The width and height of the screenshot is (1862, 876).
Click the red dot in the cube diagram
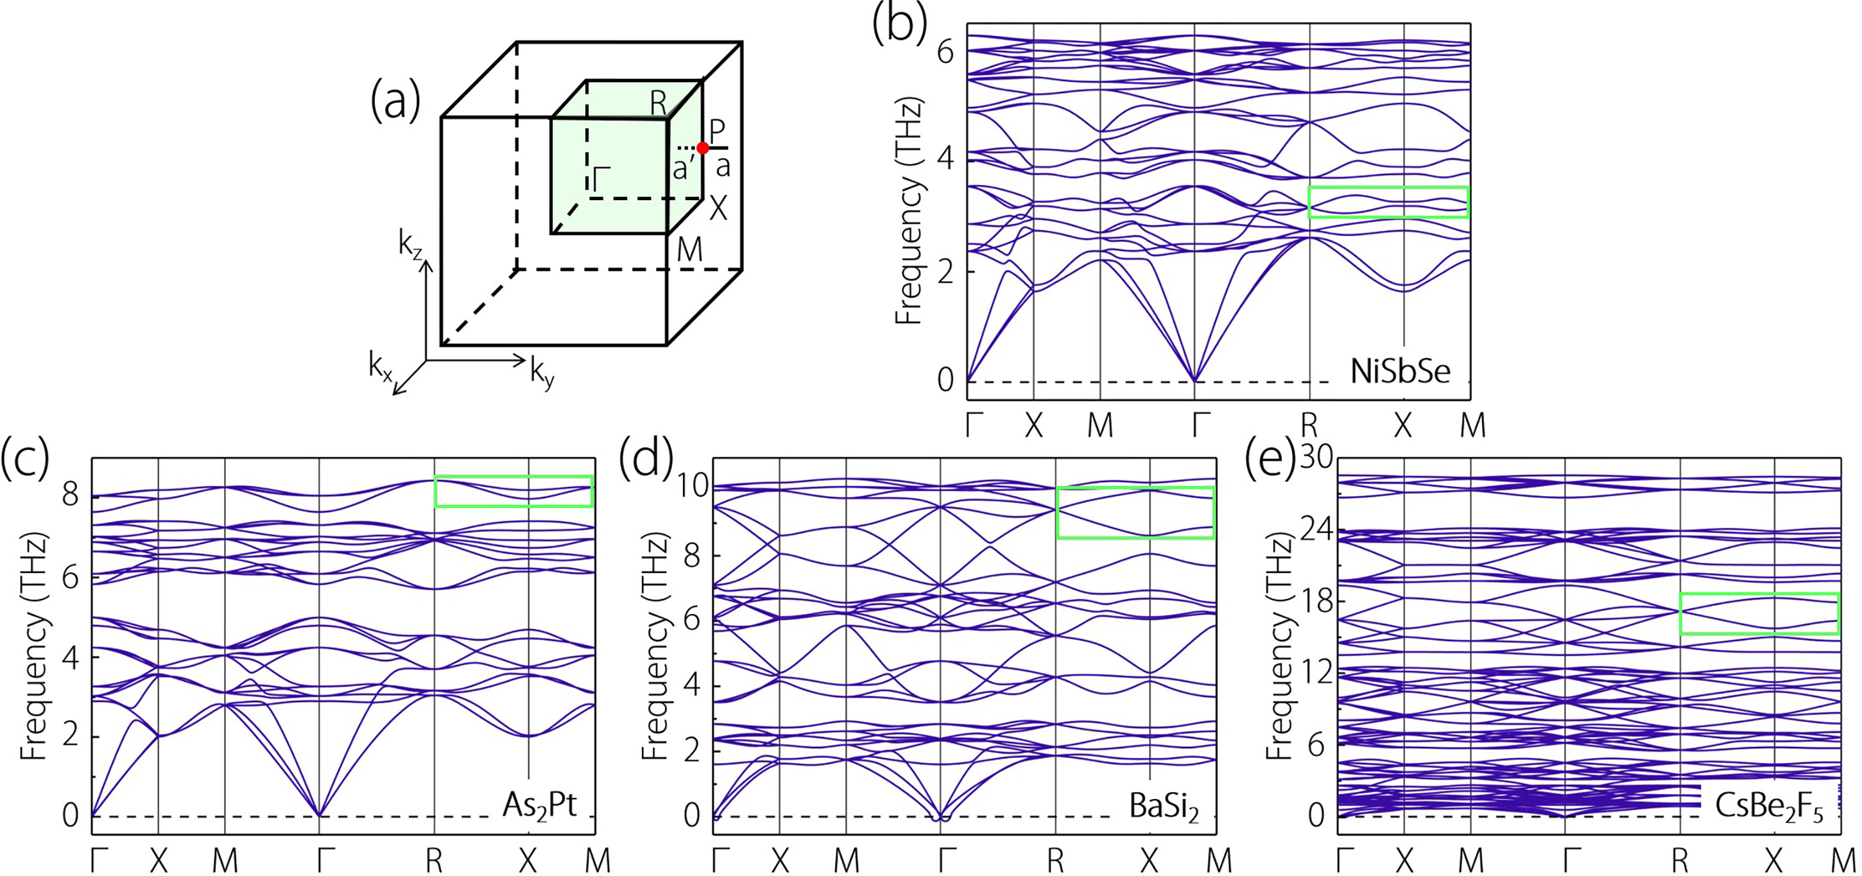pos(703,148)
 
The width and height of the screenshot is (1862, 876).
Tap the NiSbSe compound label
pos(1400,372)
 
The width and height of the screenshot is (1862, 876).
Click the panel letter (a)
pos(395,102)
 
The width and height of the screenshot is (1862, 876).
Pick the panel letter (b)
pos(899,23)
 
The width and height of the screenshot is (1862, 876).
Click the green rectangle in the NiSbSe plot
pos(1388,202)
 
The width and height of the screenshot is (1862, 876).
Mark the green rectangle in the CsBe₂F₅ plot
pos(1759,614)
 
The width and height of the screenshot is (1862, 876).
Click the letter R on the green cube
pos(658,103)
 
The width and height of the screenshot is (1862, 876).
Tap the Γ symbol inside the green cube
pos(601,177)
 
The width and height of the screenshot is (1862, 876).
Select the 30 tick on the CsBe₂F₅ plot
pos(1316,458)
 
